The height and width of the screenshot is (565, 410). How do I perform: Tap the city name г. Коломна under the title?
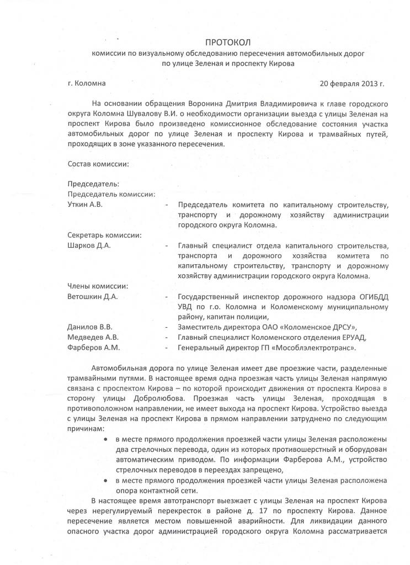pos(87,84)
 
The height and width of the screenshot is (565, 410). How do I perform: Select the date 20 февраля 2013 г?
pos(352,84)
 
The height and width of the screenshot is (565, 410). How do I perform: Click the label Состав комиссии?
pos(98,164)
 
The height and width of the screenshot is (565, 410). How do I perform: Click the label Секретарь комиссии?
pos(104,235)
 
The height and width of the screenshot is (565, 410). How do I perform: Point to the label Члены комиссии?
pos(98,286)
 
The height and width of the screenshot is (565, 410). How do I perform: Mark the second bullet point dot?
pos(105,481)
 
